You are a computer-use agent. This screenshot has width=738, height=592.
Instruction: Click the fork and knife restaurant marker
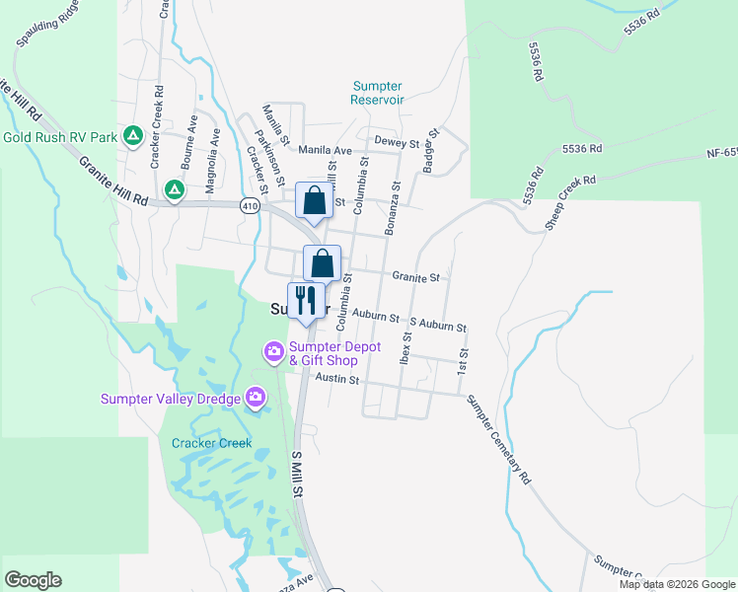click(x=306, y=300)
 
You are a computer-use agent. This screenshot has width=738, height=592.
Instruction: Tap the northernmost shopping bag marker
click(x=314, y=200)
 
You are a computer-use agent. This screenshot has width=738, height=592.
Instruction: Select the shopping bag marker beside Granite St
click(x=322, y=263)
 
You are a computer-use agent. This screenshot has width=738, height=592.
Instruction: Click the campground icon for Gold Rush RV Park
click(x=133, y=136)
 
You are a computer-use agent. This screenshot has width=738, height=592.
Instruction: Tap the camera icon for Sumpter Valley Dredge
click(x=257, y=398)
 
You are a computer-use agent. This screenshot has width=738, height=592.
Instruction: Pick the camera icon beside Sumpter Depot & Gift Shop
click(x=273, y=351)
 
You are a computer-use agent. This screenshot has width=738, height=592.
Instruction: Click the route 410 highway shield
click(x=249, y=205)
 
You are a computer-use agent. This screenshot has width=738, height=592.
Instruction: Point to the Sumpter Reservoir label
click(x=378, y=93)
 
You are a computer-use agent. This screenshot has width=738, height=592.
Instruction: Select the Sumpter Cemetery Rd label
click(x=498, y=438)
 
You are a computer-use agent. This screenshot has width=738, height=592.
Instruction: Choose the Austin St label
click(x=337, y=380)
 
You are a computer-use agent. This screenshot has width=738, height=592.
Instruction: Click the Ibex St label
click(x=405, y=348)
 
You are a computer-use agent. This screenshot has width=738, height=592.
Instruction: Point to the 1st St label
click(x=462, y=360)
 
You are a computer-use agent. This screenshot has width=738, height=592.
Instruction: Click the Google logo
click(x=33, y=580)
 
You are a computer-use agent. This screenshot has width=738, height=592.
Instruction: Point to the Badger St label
click(x=430, y=151)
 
